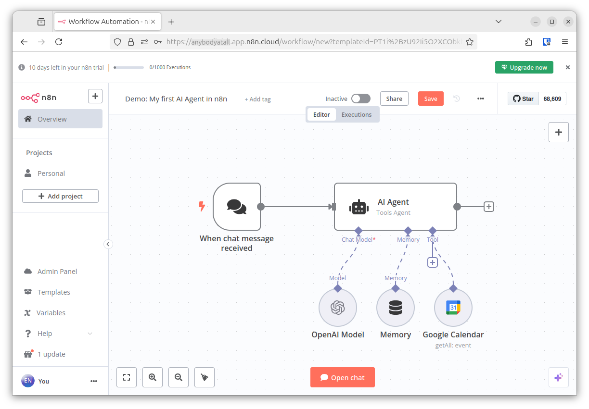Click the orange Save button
click(x=431, y=99)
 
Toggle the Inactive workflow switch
click(x=360, y=99)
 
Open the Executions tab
click(x=356, y=114)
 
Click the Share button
click(x=394, y=99)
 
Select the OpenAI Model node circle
click(x=338, y=308)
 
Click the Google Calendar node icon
click(x=453, y=308)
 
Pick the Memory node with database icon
click(x=396, y=308)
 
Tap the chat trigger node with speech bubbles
click(x=237, y=207)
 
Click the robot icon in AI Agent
click(x=359, y=207)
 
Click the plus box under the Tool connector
click(x=433, y=262)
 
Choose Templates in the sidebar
click(x=53, y=292)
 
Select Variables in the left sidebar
click(x=51, y=313)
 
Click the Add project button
click(x=60, y=196)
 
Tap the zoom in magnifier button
click(x=153, y=377)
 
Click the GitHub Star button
click(x=523, y=99)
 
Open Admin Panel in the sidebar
click(x=57, y=272)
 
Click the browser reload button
click(x=59, y=42)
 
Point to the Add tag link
click(x=257, y=99)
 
